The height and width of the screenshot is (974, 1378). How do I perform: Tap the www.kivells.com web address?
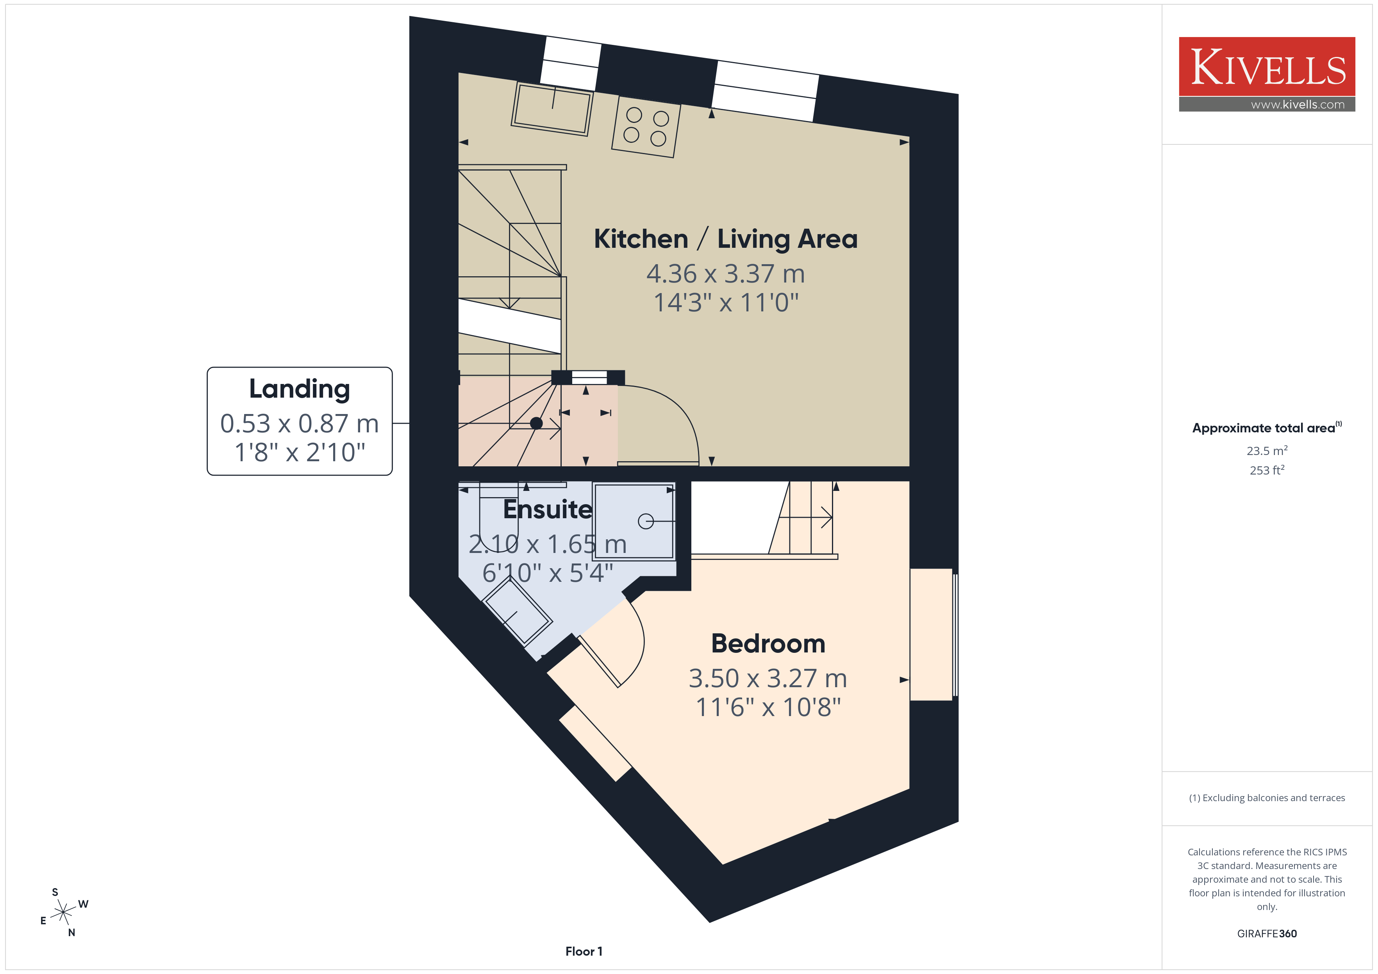click(1298, 104)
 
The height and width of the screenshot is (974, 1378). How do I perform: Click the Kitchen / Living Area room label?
click(726, 239)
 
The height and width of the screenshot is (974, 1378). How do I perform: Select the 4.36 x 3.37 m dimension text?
click(726, 274)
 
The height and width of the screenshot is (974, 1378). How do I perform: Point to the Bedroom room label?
click(768, 643)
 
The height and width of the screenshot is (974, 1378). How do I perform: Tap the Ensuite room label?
click(547, 509)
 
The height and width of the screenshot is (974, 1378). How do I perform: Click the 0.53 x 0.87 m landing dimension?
click(300, 423)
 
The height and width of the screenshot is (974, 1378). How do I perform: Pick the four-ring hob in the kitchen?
click(646, 126)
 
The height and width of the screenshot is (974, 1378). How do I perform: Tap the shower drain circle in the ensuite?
click(646, 521)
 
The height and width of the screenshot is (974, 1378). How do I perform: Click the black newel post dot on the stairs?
click(537, 423)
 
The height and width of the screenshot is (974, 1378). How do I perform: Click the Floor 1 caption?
click(584, 951)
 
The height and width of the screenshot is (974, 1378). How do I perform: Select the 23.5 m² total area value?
click(1267, 450)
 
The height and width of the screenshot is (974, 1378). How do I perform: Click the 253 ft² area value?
click(1267, 470)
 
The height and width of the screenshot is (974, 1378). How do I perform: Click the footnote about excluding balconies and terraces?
click(1267, 798)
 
